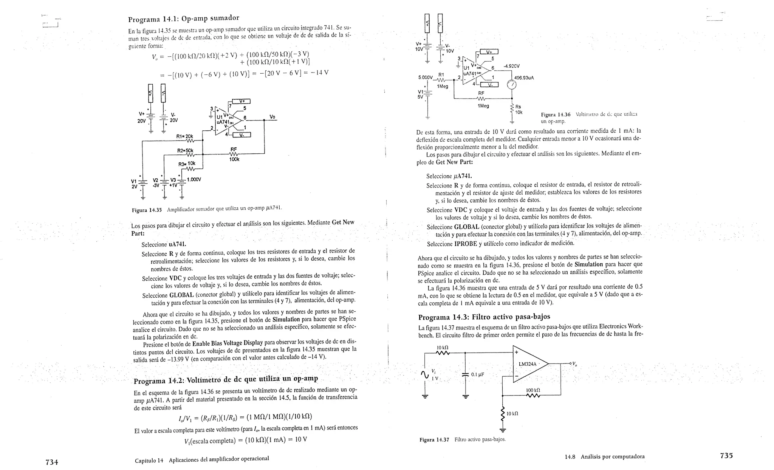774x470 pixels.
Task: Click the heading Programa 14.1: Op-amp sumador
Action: click(184, 19)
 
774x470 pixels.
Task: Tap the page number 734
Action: click(51, 462)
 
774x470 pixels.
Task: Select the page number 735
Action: click(726, 455)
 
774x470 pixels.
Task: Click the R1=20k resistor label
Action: click(185, 136)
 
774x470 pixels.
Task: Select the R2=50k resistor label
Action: click(185, 150)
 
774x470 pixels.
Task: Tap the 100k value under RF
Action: click(234, 159)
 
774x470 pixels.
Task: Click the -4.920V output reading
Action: click(512, 66)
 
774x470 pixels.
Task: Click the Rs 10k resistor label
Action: click(518, 110)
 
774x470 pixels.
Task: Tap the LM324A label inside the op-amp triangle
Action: click(528, 364)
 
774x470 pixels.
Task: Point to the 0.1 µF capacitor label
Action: click(477, 374)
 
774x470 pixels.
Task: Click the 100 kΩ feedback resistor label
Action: click(533, 390)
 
